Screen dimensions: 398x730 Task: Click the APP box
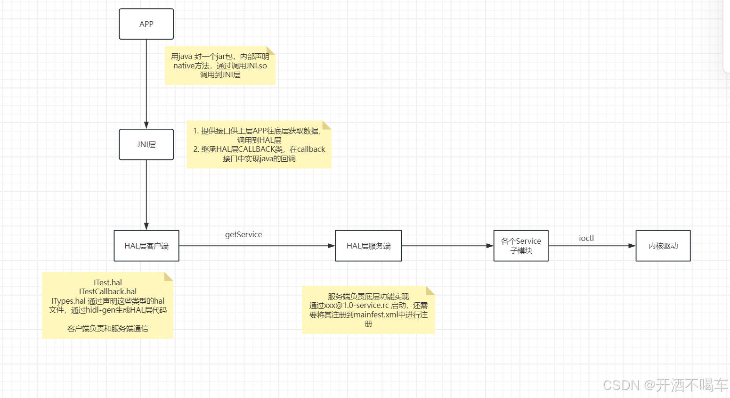click(146, 24)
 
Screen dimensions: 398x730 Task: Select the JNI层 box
click(146, 145)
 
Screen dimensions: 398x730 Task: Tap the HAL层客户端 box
click(146, 246)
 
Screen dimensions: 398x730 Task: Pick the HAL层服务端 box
click(368, 246)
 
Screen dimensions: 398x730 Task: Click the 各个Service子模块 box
click(521, 246)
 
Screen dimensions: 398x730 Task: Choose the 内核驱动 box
click(663, 246)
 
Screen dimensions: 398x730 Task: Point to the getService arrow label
click(243, 234)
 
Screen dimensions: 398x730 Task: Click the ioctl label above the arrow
click(586, 238)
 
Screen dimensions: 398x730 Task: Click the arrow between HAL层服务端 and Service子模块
click(447, 246)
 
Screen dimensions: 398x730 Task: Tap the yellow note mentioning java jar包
click(220, 66)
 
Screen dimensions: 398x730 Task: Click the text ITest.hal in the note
click(108, 282)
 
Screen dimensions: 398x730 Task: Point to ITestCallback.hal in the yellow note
click(108, 291)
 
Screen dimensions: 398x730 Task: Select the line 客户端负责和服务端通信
click(108, 328)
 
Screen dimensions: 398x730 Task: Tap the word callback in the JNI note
click(311, 149)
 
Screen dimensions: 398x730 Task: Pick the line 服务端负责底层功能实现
click(368, 297)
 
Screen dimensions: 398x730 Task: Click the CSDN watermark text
click(665, 385)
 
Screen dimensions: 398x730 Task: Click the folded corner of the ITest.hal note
click(169, 276)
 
